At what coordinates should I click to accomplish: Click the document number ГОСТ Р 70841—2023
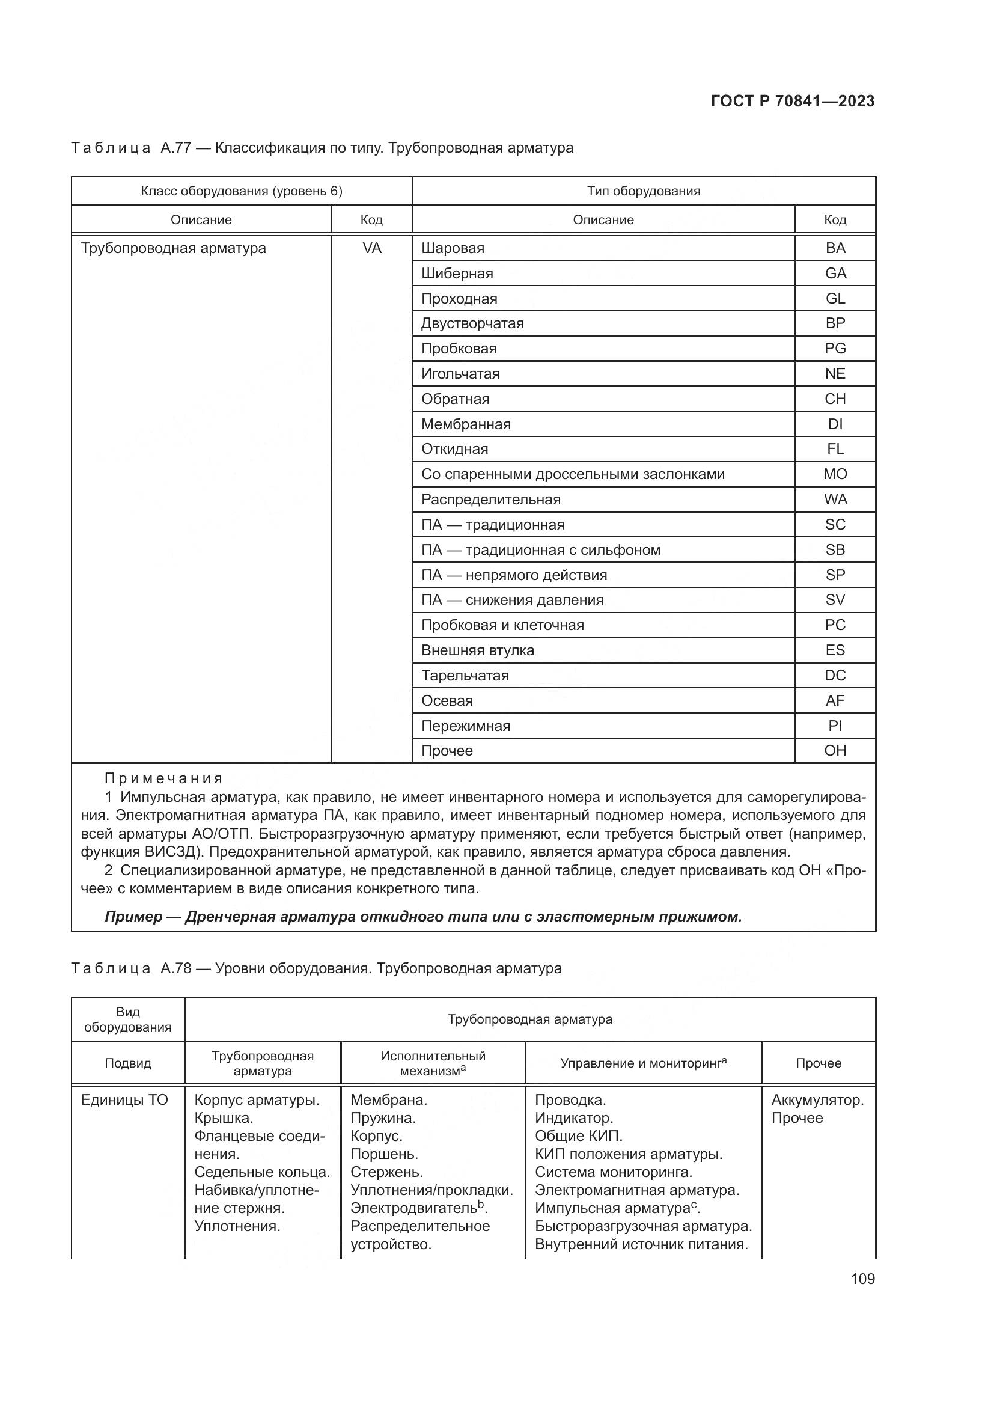[x=793, y=101]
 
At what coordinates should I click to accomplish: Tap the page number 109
[x=862, y=1279]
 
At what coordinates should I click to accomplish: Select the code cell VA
[x=371, y=248]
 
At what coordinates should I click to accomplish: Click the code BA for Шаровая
[x=835, y=248]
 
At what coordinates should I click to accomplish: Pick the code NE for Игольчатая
[x=835, y=373]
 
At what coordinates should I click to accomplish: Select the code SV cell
[x=835, y=600]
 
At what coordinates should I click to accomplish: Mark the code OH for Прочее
[x=835, y=751]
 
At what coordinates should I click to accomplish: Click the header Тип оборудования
[x=643, y=191]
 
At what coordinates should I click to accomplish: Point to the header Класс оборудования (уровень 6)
[x=241, y=191]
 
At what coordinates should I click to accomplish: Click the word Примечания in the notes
[x=163, y=778]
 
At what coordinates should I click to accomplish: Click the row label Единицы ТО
[x=124, y=1100]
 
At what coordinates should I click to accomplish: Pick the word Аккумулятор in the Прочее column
[x=817, y=1100]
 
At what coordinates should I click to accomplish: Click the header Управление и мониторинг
[x=642, y=1063]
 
